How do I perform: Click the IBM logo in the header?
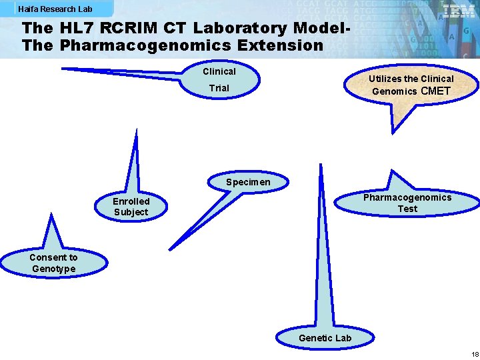point(459,11)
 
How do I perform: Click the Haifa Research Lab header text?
point(56,9)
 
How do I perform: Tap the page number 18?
point(475,354)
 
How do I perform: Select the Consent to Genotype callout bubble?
point(53,263)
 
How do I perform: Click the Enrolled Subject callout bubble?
point(131,207)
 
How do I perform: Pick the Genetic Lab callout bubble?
point(325,338)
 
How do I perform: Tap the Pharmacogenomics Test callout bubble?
point(407,203)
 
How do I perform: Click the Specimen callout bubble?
point(248,182)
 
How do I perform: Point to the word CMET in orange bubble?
point(437,91)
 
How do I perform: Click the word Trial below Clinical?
point(219,88)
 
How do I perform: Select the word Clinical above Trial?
point(219,71)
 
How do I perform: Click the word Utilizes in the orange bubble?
point(385,79)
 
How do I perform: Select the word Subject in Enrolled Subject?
point(131,212)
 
